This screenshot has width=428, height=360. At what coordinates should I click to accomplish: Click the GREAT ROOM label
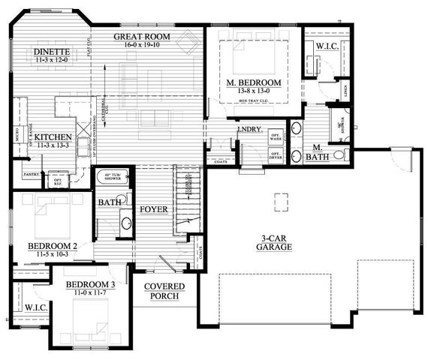(x=142, y=36)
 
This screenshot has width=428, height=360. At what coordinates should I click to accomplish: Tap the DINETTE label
(x=52, y=52)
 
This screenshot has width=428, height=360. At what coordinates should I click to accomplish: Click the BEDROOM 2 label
(x=53, y=245)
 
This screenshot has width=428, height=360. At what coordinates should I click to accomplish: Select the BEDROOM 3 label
(x=90, y=285)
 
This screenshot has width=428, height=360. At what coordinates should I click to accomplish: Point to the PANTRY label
(x=31, y=174)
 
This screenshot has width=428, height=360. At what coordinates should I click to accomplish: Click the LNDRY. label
(x=249, y=129)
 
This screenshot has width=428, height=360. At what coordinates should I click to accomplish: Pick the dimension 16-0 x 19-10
(x=142, y=45)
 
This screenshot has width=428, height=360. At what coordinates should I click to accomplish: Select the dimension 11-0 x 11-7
(x=90, y=294)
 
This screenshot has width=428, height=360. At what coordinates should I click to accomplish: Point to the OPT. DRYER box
(x=276, y=154)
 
